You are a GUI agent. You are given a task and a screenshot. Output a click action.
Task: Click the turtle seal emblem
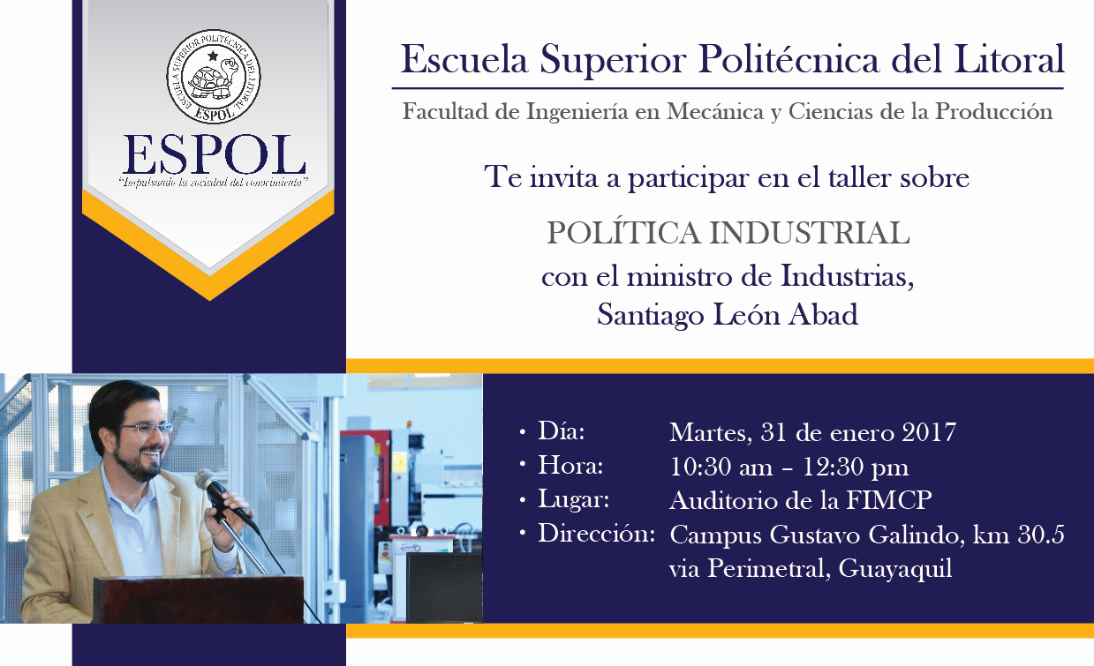click(x=214, y=76)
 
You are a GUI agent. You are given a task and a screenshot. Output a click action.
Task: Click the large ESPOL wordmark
click(x=214, y=154)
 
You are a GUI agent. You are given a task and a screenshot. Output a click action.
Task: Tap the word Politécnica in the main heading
click(x=788, y=59)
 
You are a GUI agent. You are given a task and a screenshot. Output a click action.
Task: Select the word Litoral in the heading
click(x=1009, y=58)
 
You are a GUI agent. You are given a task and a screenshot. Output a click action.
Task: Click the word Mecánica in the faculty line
click(x=715, y=111)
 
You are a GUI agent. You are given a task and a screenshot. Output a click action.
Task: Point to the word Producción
click(x=994, y=111)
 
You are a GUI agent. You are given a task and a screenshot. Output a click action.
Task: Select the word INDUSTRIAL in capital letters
click(x=810, y=233)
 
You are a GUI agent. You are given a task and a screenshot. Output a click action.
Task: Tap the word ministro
click(x=679, y=276)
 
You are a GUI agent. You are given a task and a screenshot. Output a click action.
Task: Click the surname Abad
click(x=824, y=314)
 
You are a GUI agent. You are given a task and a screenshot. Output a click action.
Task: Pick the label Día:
click(x=562, y=430)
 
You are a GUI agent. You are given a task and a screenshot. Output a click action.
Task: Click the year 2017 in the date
click(x=929, y=432)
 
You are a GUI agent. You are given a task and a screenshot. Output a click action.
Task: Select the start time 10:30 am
click(x=721, y=467)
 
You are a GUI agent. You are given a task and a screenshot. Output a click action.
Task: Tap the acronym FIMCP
click(x=889, y=500)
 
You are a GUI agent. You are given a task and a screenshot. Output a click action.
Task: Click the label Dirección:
click(x=596, y=534)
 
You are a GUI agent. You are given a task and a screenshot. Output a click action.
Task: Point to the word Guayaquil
click(x=895, y=569)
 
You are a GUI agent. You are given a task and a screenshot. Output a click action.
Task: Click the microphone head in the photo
click(x=207, y=480)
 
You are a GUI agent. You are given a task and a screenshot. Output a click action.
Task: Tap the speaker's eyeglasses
click(x=147, y=429)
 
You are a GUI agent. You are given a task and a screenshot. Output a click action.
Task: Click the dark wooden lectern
click(x=199, y=600)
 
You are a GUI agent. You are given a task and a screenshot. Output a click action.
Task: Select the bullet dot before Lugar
click(x=523, y=500)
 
